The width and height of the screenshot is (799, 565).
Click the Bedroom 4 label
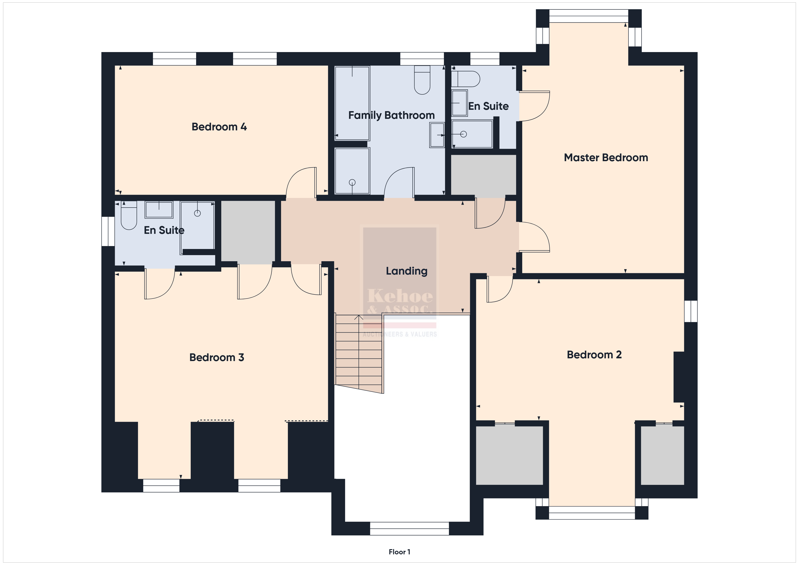(219, 127)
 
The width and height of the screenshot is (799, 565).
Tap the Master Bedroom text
(606, 158)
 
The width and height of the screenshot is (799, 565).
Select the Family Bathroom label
(392, 115)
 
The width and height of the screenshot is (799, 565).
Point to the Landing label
(407, 271)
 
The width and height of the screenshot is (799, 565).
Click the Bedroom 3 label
(217, 357)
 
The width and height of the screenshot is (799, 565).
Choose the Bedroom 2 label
(594, 354)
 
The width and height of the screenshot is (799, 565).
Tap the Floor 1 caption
(399, 552)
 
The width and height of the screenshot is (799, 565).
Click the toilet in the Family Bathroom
(422, 80)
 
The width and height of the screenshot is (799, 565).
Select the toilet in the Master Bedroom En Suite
(465, 79)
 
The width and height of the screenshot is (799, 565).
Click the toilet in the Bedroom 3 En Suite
(129, 216)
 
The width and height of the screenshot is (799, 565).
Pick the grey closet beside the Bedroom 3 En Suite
(248, 232)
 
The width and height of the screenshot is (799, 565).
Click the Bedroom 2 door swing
(500, 289)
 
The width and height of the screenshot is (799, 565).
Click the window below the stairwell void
(409, 529)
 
